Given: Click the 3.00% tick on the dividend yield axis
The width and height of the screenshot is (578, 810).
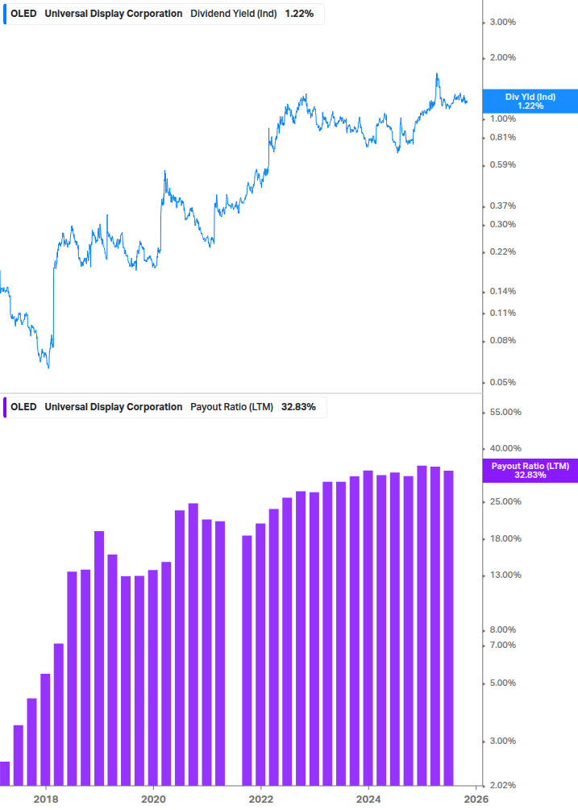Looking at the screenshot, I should pyautogui.click(x=504, y=22).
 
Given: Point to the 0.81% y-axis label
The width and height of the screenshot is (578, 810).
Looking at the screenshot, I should pyautogui.click(x=504, y=137).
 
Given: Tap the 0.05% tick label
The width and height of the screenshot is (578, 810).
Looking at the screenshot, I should pyautogui.click(x=504, y=382).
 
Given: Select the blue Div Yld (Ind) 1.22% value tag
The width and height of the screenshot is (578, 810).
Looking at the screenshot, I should pyautogui.click(x=530, y=101).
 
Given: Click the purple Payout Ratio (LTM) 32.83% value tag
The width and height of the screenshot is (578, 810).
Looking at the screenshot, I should pyautogui.click(x=530, y=471).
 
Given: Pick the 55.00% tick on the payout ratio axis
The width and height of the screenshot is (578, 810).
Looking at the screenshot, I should pyautogui.click(x=506, y=412).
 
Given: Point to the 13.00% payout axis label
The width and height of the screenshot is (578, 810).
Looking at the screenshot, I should pyautogui.click(x=506, y=575).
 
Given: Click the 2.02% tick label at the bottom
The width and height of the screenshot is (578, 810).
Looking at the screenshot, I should pyautogui.click(x=504, y=785).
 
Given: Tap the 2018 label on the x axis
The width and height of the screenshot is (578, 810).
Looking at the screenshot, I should pyautogui.click(x=46, y=800).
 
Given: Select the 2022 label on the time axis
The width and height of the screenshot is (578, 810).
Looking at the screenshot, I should pyautogui.click(x=260, y=800).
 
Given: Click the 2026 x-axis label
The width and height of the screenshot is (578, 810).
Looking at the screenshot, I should pyautogui.click(x=476, y=800).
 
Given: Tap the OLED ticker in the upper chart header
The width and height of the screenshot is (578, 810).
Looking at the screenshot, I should pyautogui.click(x=23, y=14).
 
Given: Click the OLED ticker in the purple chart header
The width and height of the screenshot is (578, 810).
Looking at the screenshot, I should pyautogui.click(x=23, y=407).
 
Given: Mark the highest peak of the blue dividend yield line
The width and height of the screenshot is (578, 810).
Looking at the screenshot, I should pyautogui.click(x=437, y=74).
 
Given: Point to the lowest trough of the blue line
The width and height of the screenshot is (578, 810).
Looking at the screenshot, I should pyautogui.click(x=48, y=368).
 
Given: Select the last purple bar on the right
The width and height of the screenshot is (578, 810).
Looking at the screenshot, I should pyautogui.click(x=449, y=629).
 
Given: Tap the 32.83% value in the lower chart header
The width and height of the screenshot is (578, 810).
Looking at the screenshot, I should pyautogui.click(x=298, y=407).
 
